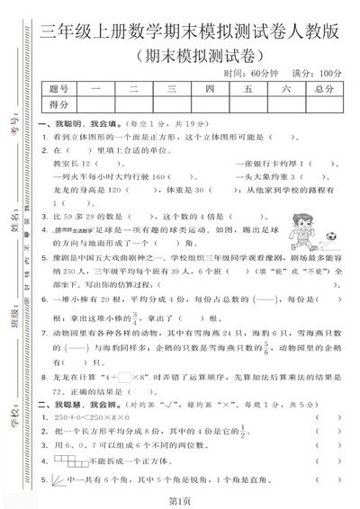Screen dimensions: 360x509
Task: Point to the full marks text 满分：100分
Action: [316, 73]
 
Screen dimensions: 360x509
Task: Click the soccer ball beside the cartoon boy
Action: [331, 237]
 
